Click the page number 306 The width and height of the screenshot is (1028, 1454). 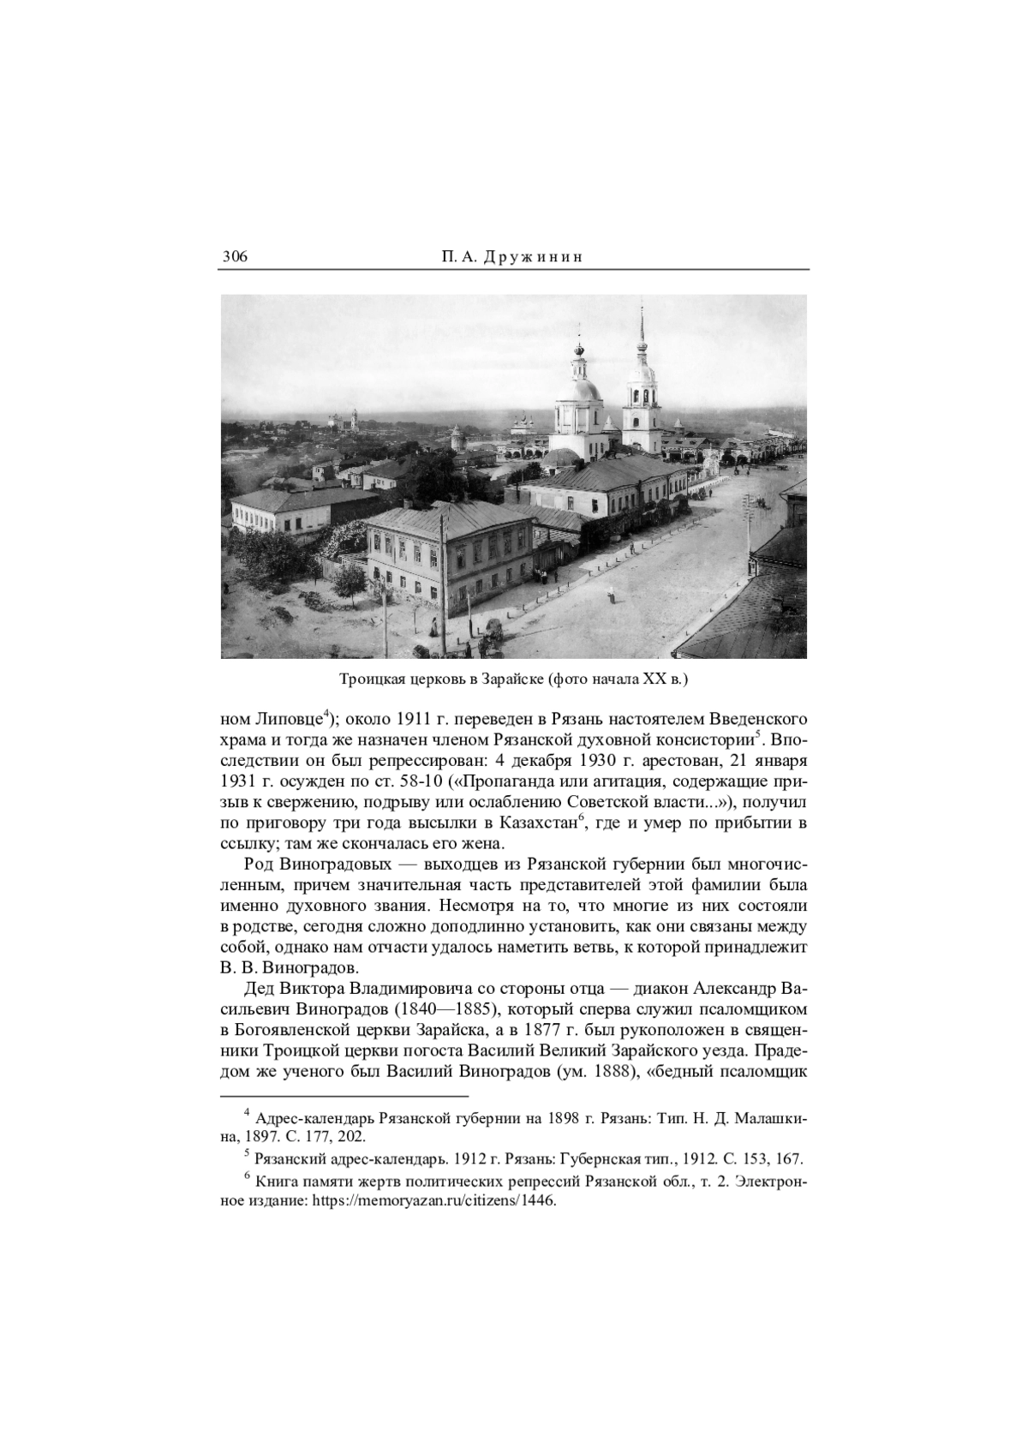tap(235, 257)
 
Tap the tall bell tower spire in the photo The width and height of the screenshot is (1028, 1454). tap(641, 343)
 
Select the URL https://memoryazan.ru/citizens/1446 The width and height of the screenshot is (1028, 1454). tap(427, 1200)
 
